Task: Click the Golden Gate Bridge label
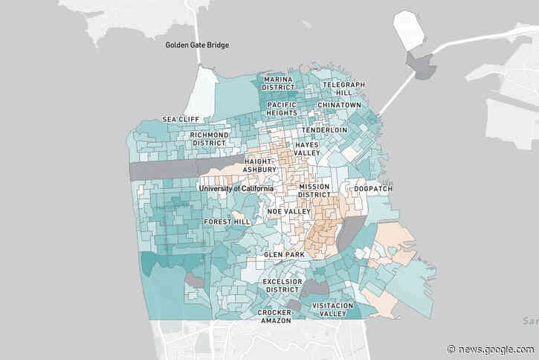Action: pyautogui.click(x=197, y=45)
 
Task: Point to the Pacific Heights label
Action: pyautogui.click(x=282, y=109)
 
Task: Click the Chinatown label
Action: pyautogui.click(x=339, y=106)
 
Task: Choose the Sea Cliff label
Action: pyautogui.click(x=178, y=119)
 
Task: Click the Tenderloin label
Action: pyautogui.click(x=325, y=129)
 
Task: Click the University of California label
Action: pyautogui.click(x=236, y=188)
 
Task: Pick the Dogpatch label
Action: pyautogui.click(x=373, y=188)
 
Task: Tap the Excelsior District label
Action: pyautogui.click(x=283, y=286)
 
